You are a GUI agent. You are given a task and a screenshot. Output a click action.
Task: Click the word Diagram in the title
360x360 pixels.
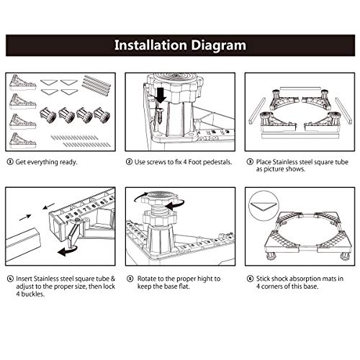[x=218, y=45]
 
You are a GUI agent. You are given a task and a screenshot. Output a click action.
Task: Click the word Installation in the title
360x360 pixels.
[x=150, y=45]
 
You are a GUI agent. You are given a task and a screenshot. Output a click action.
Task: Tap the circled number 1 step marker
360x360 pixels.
[x=10, y=162]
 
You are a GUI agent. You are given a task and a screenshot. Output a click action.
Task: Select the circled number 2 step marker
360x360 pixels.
[x=129, y=162]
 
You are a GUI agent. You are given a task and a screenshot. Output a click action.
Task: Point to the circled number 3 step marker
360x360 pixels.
[x=250, y=162]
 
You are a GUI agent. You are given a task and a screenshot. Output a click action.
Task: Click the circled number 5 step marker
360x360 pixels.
[x=130, y=279]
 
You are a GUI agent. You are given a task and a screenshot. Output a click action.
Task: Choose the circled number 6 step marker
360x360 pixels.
[x=250, y=279]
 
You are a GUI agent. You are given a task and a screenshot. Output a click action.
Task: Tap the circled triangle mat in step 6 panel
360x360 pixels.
[x=263, y=206]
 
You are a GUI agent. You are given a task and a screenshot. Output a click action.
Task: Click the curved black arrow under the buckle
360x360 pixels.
[x=67, y=251]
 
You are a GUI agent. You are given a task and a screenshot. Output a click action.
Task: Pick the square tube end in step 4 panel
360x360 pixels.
[x=23, y=244]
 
